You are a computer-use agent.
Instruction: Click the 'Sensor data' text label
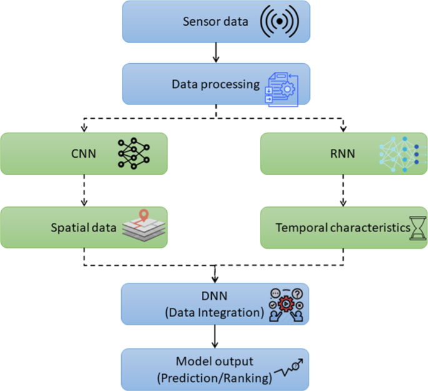(216, 22)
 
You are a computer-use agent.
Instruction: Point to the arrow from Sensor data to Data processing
(216, 53)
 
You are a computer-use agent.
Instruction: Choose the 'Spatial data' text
(84, 228)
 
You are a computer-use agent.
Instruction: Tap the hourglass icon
(417, 228)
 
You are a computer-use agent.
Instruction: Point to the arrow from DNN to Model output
(216, 337)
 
